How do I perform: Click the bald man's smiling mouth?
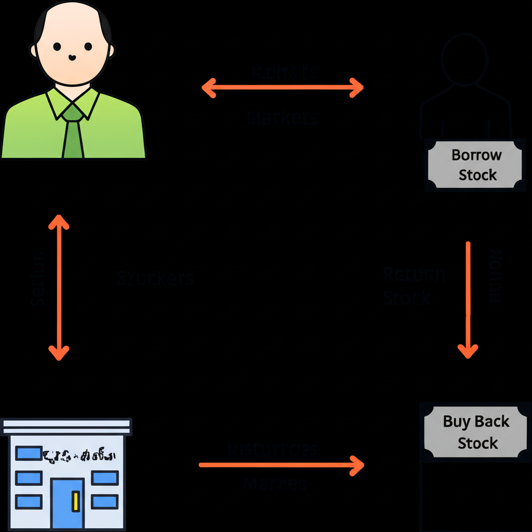coord(72,58)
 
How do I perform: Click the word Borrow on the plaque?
coord(476,155)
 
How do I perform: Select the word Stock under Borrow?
coord(477,175)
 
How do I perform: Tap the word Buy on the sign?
coord(456,421)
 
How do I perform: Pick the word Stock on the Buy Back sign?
coord(477,443)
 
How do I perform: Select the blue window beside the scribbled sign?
coord(28,454)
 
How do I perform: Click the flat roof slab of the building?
coord(66,427)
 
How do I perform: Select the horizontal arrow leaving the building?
coord(281,465)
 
